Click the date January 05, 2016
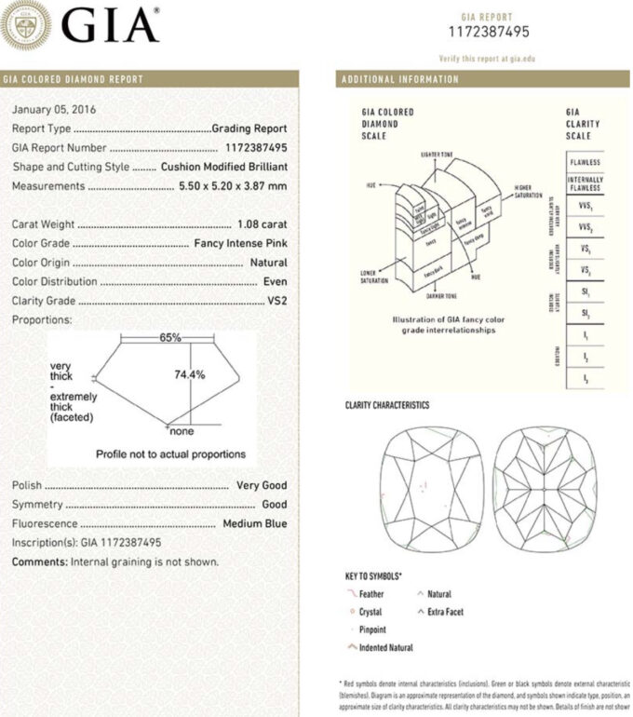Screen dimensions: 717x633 click(x=54, y=110)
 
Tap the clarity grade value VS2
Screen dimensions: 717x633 click(x=276, y=301)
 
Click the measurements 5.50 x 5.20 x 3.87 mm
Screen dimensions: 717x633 click(x=233, y=186)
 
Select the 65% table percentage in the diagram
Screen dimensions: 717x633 click(x=169, y=338)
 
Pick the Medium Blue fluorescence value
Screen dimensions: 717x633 click(x=254, y=524)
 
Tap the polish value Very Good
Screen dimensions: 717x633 click(x=262, y=485)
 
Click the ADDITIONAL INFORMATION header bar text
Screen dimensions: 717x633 click(x=401, y=80)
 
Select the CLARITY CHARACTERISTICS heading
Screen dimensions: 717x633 click(x=387, y=406)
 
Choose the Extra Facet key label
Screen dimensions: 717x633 click(x=446, y=612)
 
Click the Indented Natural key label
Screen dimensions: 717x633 click(x=385, y=647)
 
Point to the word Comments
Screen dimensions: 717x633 click(x=39, y=562)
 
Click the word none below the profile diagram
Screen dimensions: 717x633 click(x=181, y=432)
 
